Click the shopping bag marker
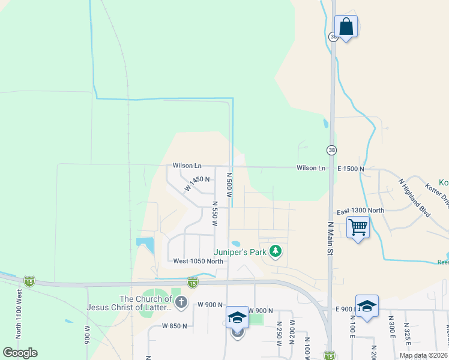tap(346, 27)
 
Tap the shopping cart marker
tap(358, 227)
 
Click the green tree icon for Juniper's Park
tap(276, 251)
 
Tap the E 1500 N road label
tap(351, 169)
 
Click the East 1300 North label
tap(360, 211)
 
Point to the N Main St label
tap(330, 239)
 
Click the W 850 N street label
tap(174, 326)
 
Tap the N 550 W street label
tap(214, 214)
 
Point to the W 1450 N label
tap(197, 182)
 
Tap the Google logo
tap(20, 353)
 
